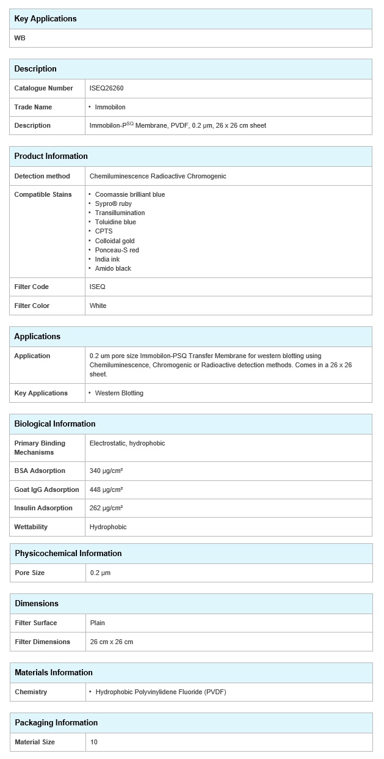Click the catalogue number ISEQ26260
[106, 88]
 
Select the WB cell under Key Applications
[20, 38]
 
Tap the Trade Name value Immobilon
[110, 107]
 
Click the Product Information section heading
[51, 156]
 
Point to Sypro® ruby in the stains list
[113, 204]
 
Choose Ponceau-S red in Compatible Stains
[117, 250]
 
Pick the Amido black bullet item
[113, 268]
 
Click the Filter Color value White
[98, 306]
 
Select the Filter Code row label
[31, 287]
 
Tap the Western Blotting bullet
[119, 393]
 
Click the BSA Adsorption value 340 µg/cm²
[106, 471]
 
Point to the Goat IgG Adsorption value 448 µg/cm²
[106, 490]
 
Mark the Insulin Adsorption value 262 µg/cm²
[106, 508]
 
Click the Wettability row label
[31, 527]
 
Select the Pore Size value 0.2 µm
[100, 573]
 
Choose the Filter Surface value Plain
[97, 623]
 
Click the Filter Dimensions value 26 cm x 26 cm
[111, 642]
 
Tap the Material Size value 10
[93, 742]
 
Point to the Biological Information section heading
[55, 424]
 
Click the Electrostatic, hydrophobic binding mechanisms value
[127, 443]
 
